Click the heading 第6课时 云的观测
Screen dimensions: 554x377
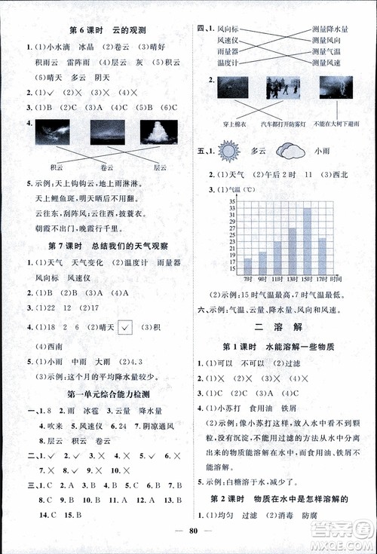pyautogui.click(x=106, y=30)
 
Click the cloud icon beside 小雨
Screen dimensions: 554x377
pyautogui.click(x=290, y=151)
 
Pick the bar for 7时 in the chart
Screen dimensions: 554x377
pyautogui.click(x=247, y=265)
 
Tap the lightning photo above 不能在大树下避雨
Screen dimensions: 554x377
pyautogui.click(x=335, y=87)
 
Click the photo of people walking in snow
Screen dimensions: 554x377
pyautogui.click(x=283, y=87)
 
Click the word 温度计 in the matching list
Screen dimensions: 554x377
pyautogui.click(x=227, y=63)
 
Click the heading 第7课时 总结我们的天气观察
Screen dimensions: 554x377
pyautogui.click(x=106, y=246)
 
